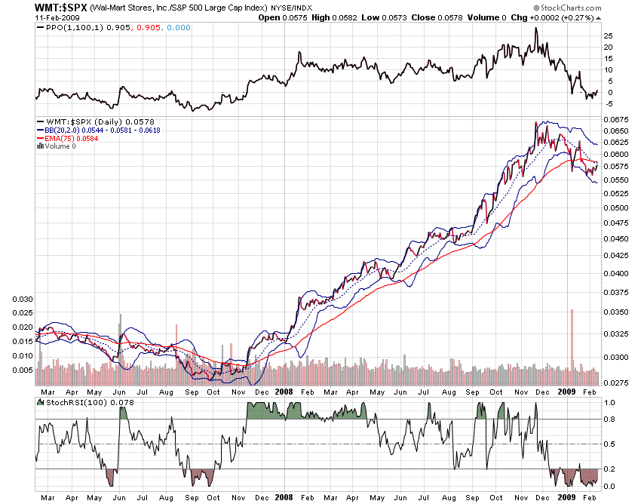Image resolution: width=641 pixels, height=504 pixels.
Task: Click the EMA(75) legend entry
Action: (64, 138)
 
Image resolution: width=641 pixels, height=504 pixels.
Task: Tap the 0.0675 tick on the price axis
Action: (616, 119)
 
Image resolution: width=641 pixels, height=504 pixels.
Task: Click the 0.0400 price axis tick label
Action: (616, 274)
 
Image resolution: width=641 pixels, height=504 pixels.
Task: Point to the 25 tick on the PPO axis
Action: (609, 35)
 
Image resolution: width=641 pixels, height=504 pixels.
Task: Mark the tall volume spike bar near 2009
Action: (572, 340)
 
